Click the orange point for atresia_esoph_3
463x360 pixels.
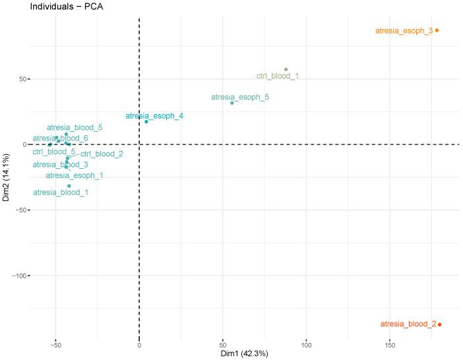point(437,30)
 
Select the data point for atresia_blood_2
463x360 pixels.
point(439,324)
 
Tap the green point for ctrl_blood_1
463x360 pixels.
point(286,69)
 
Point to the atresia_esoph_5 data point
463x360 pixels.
point(232,103)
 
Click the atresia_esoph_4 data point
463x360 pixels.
point(146,121)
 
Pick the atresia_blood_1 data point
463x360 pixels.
point(69,186)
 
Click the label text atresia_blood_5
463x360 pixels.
point(75,127)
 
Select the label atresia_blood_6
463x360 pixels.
point(60,138)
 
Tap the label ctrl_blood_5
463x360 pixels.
point(53,152)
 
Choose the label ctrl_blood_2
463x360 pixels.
point(102,154)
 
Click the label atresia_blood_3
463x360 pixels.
point(60,164)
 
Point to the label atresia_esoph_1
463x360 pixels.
point(75,176)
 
